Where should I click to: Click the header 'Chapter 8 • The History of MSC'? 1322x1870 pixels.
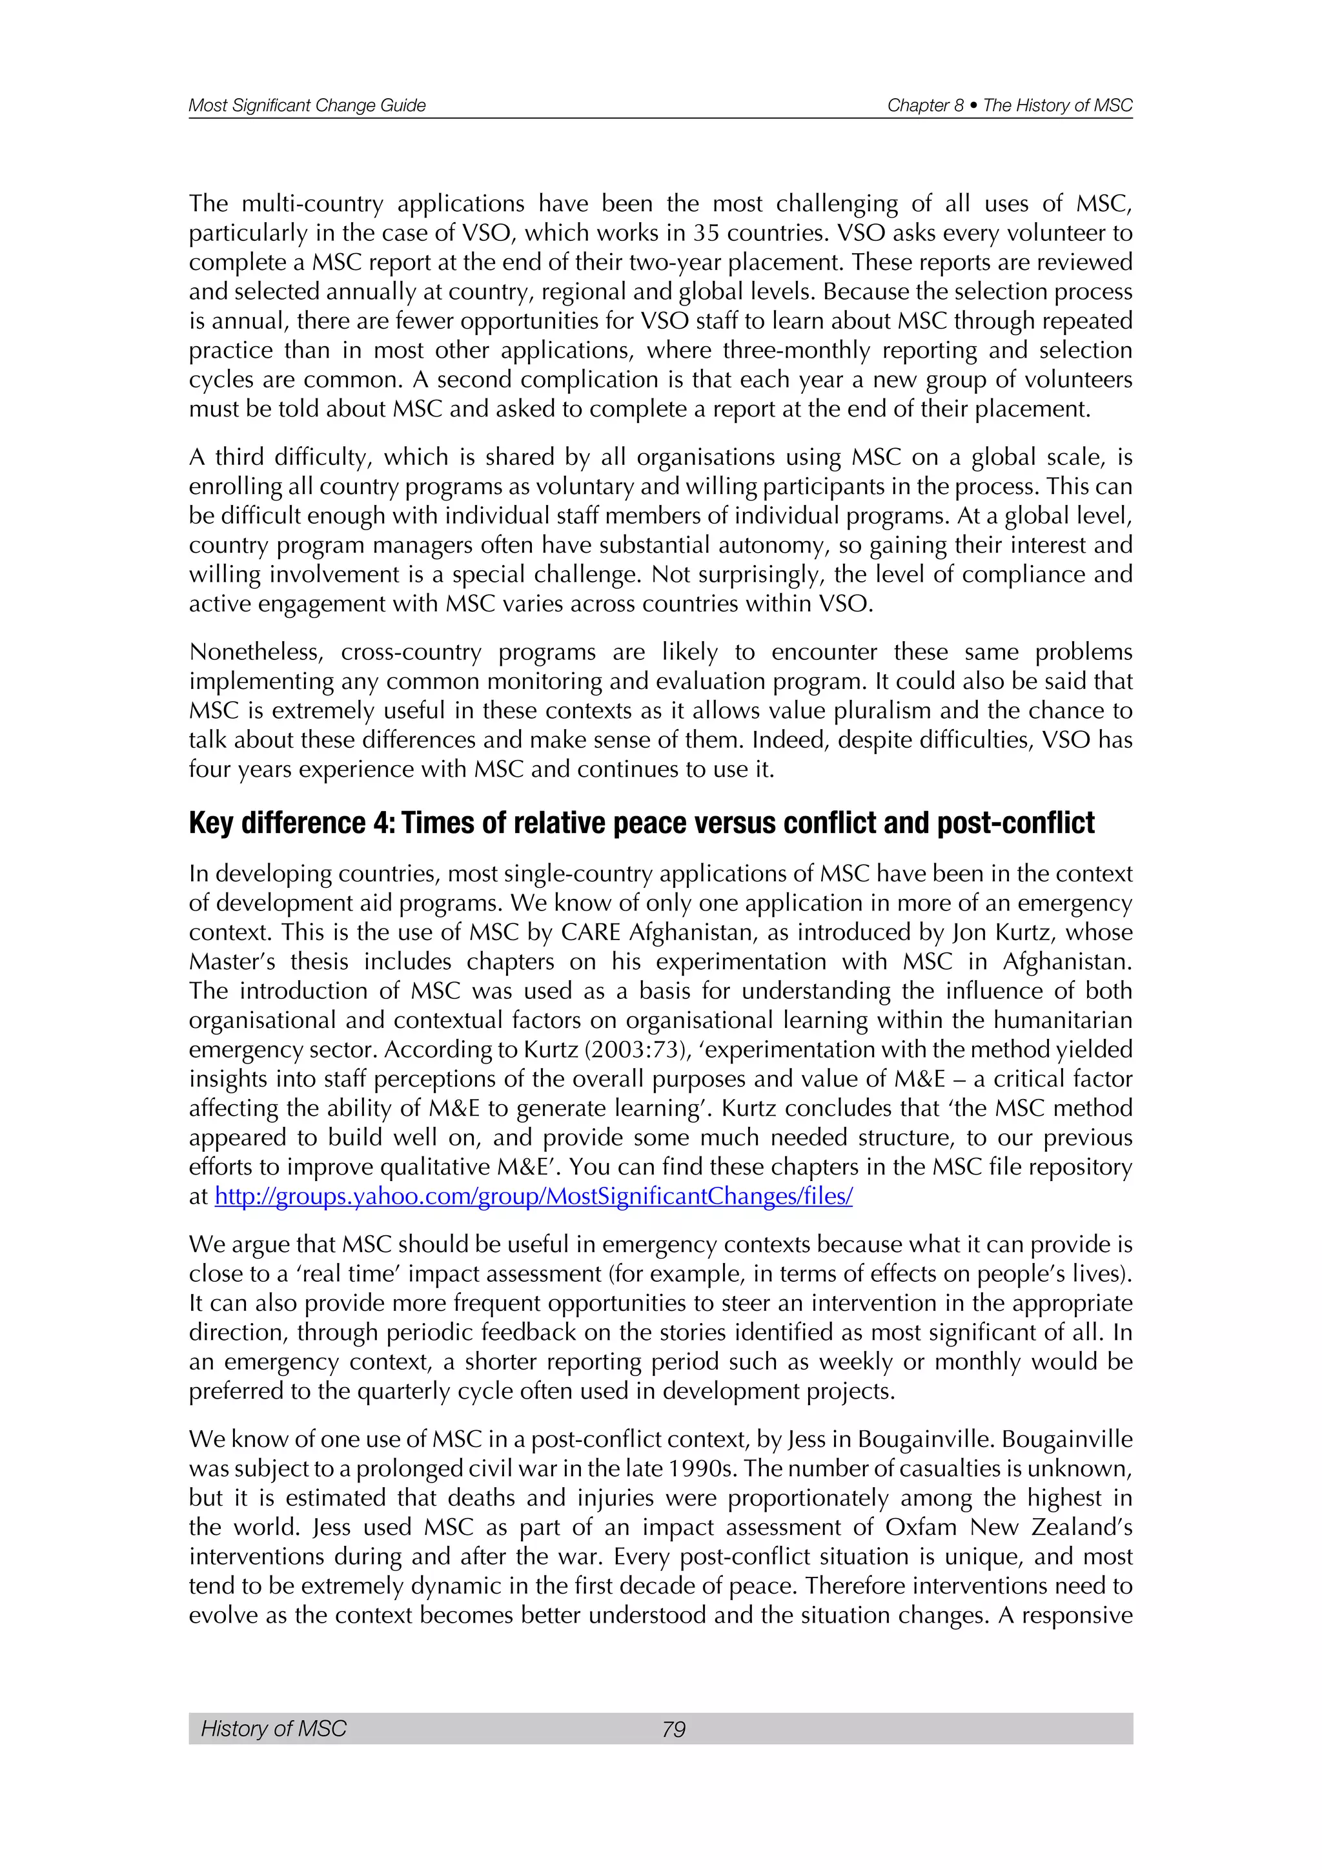click(1010, 105)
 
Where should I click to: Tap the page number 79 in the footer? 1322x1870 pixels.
click(673, 1729)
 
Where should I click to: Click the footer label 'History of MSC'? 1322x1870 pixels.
click(274, 1729)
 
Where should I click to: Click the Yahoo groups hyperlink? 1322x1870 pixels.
click(533, 1197)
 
